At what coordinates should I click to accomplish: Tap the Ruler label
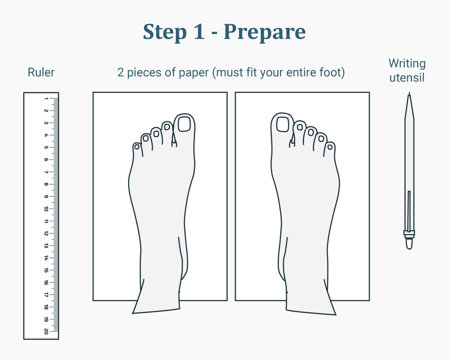(x=41, y=72)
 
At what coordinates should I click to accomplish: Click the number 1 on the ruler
(x=46, y=99)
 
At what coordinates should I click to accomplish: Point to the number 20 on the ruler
(x=46, y=331)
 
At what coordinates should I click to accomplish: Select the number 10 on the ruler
(x=46, y=209)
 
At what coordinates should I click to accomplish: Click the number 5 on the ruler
(x=46, y=148)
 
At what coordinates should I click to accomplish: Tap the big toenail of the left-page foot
(x=184, y=124)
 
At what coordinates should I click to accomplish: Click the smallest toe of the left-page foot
(x=137, y=147)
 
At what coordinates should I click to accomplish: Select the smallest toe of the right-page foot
(x=330, y=147)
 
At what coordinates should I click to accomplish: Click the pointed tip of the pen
(x=410, y=96)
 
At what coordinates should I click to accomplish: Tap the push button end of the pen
(x=409, y=244)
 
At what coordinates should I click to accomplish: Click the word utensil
(x=407, y=77)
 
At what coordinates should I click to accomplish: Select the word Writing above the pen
(x=407, y=64)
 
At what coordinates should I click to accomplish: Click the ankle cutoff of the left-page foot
(x=156, y=311)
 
